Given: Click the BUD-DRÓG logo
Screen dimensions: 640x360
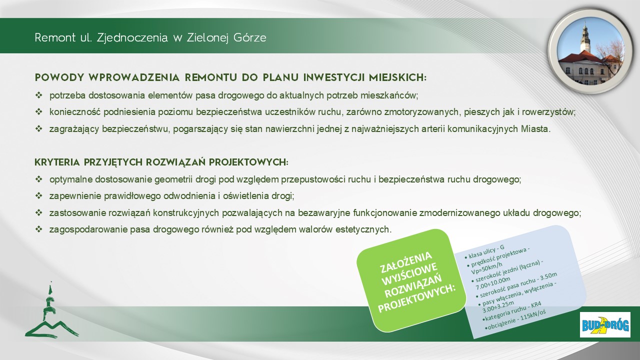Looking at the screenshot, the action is pyautogui.click(x=605, y=325).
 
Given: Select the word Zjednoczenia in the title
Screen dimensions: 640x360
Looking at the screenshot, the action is pyautogui.click(x=132, y=37).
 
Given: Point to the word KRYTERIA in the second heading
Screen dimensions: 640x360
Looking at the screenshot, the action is pyautogui.click(x=57, y=162).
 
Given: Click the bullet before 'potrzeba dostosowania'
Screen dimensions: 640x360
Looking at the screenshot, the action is pyautogui.click(x=38, y=95).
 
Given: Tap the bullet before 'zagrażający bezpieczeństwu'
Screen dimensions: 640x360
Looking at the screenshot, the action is pyautogui.click(x=38, y=129).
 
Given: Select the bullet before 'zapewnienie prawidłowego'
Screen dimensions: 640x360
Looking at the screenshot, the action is pyautogui.click(x=38, y=196).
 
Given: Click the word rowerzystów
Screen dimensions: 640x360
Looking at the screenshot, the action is pyautogui.click(x=548, y=112).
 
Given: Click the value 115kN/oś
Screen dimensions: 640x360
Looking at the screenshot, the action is pyautogui.click(x=533, y=316).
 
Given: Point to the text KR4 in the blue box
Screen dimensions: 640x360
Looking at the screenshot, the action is pyautogui.click(x=535, y=304).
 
